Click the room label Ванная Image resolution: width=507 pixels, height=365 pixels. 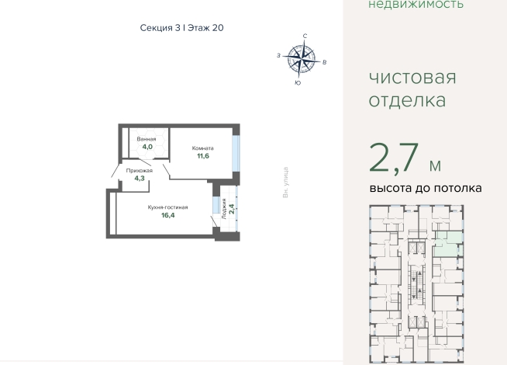[147, 139]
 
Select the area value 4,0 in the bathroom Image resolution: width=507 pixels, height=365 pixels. [147, 147]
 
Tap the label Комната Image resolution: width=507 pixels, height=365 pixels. [203, 148]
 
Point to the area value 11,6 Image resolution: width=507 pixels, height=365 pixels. [203, 156]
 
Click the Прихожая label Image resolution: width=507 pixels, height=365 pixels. [140, 171]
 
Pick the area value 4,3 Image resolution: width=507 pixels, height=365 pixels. [140, 178]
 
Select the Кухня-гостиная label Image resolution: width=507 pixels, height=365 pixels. [167, 207]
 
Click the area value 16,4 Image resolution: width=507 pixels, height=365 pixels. [168, 215]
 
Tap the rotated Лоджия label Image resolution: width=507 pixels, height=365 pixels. [224, 209]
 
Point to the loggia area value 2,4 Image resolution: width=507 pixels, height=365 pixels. [232, 209]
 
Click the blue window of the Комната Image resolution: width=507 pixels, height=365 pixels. [236, 153]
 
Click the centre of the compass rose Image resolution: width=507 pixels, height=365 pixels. [302, 59]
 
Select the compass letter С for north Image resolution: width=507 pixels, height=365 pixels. [305, 36]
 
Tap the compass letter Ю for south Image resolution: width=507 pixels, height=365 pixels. [298, 83]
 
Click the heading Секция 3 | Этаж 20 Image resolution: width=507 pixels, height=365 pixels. [181, 28]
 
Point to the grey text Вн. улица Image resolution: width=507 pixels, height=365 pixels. [285, 182]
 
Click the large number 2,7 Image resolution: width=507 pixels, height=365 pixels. [394, 158]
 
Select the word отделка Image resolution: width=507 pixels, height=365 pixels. [407, 100]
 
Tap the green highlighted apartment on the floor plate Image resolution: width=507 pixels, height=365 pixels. [448, 244]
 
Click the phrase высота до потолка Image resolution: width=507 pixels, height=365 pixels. [426, 188]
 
